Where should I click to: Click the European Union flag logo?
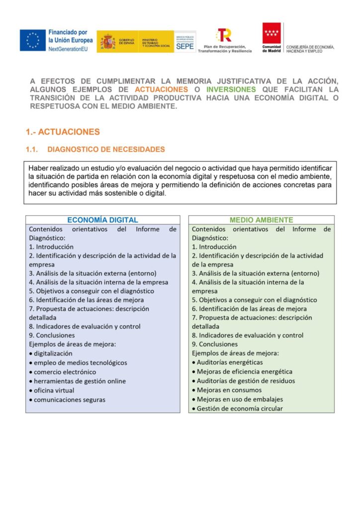click(33, 40)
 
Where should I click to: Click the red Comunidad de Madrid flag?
click(271, 34)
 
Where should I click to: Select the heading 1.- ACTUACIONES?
click(63, 132)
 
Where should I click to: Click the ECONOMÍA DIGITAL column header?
click(102, 220)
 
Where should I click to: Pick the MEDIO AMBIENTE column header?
click(261, 220)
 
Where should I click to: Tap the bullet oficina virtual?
click(54, 390)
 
